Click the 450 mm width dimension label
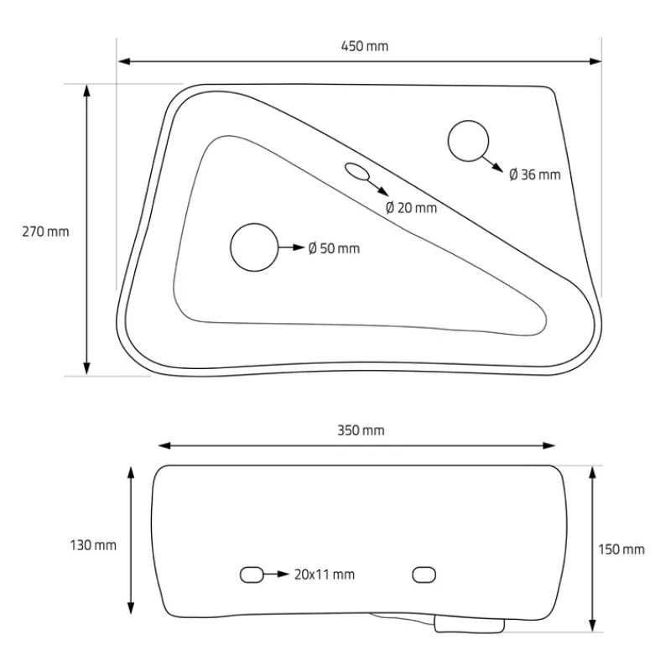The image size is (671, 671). (x=365, y=46)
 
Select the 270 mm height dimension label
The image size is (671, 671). (x=45, y=231)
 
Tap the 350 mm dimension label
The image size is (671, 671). (x=361, y=430)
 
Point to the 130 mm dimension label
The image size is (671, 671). (x=93, y=545)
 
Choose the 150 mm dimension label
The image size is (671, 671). (x=622, y=549)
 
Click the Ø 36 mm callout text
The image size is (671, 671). (x=535, y=174)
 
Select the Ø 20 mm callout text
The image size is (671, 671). (x=411, y=208)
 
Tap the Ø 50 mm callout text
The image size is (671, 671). (x=334, y=248)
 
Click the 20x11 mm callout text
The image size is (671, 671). (x=325, y=575)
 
